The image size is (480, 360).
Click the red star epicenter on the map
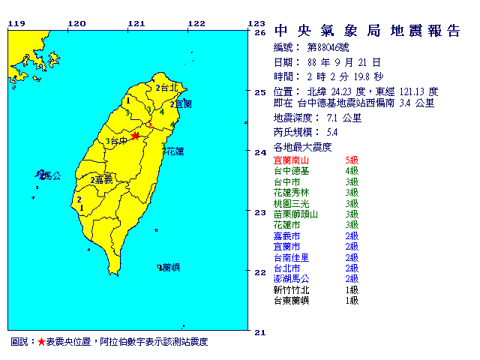[x=135, y=136]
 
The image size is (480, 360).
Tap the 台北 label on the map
[x=168, y=88]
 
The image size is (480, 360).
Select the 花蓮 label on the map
[x=174, y=151]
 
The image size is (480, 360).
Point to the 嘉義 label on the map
[x=103, y=180]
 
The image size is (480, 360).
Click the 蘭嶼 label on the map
[x=170, y=267]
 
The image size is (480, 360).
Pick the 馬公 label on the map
[x=51, y=176]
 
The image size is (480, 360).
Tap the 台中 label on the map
[x=118, y=140]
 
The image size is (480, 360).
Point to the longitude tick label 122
[x=196, y=23]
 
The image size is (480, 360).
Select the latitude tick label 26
[x=260, y=33]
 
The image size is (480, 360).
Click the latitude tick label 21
[x=260, y=331]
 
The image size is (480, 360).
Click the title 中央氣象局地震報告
[x=367, y=31]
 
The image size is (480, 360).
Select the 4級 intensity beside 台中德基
[x=351, y=171]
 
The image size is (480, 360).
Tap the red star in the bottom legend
[x=41, y=342]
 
